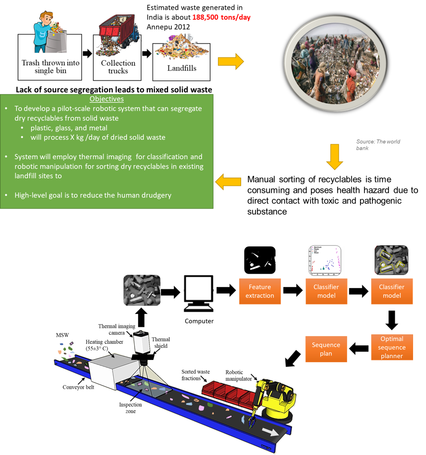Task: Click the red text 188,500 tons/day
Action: coord(221,18)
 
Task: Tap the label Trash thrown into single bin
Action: coord(50,67)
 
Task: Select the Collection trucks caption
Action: coord(118,67)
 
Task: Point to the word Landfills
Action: coord(181,68)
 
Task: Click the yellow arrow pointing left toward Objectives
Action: coord(228,182)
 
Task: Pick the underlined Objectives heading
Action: coord(106,99)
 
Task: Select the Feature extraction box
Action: coord(260,292)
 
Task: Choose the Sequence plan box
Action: coord(326,349)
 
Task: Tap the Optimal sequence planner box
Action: coord(392,347)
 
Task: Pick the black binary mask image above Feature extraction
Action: coord(259,260)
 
